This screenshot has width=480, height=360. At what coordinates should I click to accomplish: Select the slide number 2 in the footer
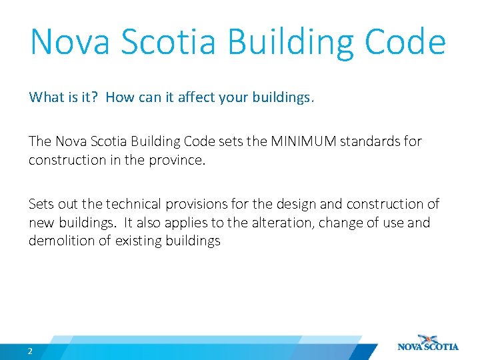(31, 351)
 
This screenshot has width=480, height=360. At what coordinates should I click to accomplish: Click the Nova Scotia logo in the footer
(428, 343)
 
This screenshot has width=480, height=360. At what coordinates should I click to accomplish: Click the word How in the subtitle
(120, 97)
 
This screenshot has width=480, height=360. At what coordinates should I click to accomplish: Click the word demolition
(57, 241)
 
